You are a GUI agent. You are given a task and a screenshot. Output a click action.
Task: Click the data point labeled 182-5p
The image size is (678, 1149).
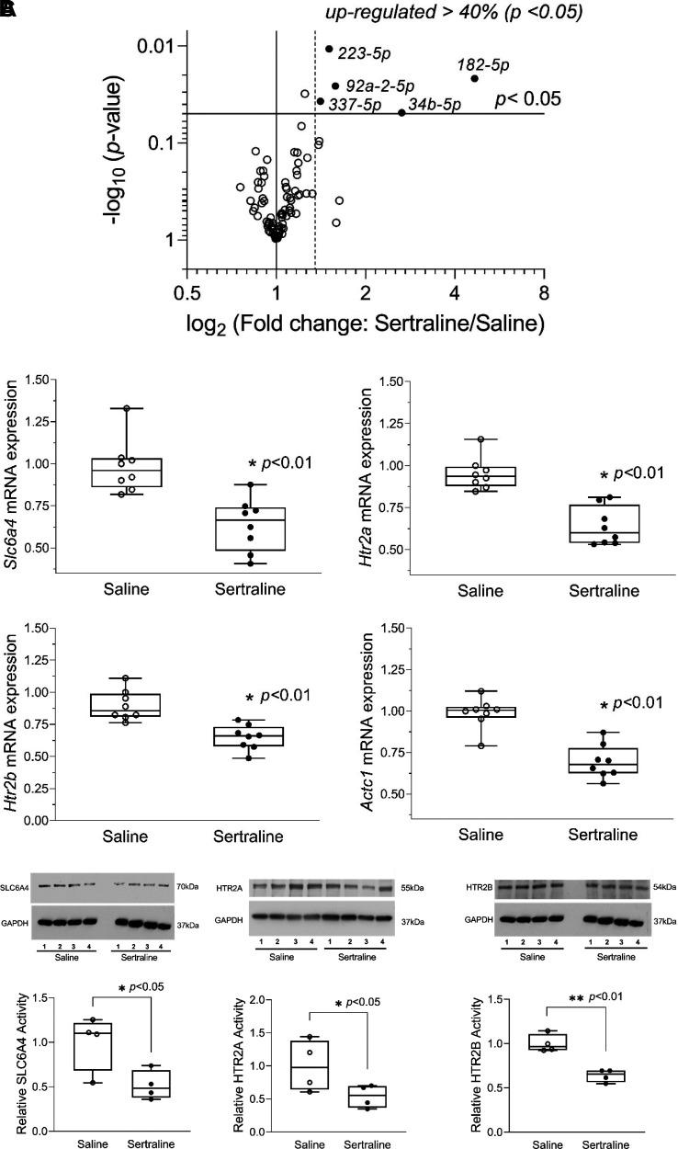click(x=474, y=79)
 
